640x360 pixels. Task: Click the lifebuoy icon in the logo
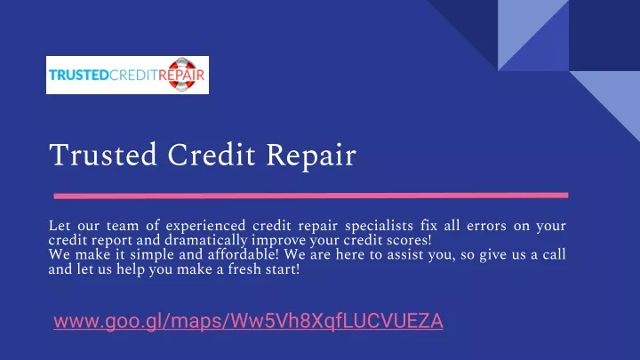[182, 75]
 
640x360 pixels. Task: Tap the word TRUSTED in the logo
[79, 76]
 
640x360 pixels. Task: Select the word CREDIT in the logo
[133, 76]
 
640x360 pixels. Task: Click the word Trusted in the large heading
[103, 155]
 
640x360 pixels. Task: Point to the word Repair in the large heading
[311, 156]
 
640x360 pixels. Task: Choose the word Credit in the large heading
[212, 155]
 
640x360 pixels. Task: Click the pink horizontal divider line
[310, 196]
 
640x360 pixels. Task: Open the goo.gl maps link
[248, 321]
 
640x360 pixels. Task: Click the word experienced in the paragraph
[205, 226]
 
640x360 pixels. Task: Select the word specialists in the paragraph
[379, 226]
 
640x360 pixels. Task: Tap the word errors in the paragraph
[486, 226]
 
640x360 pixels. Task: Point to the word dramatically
[205, 240]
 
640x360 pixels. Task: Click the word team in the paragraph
[123, 226]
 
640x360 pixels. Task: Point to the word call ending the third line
[554, 255]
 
